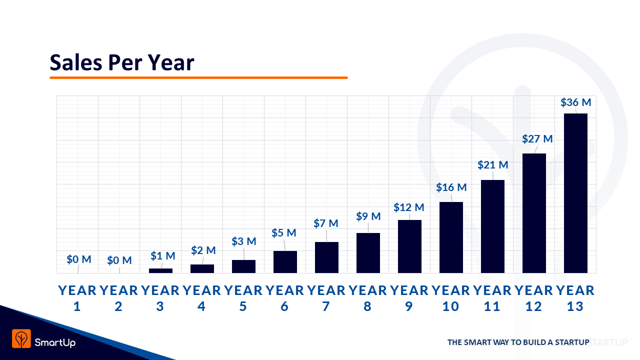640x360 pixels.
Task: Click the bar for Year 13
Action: coord(575,193)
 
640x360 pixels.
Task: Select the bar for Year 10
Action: coord(450,237)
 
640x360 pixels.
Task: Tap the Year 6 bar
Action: coord(285,261)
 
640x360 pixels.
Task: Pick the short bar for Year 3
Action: coord(160,270)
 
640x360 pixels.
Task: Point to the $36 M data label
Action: coord(575,102)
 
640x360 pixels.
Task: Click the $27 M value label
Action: coord(537,139)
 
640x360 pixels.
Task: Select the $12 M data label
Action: coord(408,207)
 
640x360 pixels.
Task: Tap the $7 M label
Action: coord(325,223)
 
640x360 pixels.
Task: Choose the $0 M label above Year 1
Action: coord(79,259)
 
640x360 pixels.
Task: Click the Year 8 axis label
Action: coord(367,298)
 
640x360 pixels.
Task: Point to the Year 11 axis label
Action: coord(492,298)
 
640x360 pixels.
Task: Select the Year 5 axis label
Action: coord(243,298)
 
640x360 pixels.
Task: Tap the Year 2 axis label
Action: coord(118,298)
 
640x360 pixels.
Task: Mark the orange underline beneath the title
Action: coord(198,77)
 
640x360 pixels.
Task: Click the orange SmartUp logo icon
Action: coord(21,338)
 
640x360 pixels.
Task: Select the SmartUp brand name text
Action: coord(55,342)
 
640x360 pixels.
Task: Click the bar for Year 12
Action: coord(533,213)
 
